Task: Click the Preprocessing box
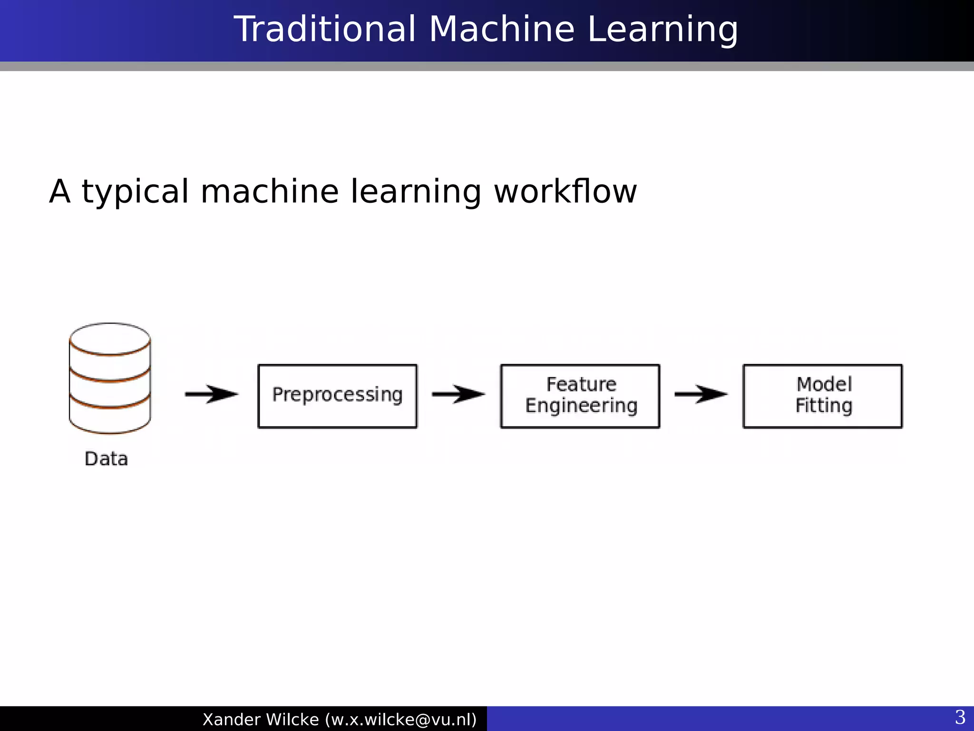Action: [x=337, y=396]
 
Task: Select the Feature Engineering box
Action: [x=580, y=396]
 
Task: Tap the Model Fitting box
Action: [x=822, y=396]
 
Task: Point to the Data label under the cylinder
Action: [x=106, y=459]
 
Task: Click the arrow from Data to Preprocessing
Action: [x=211, y=394]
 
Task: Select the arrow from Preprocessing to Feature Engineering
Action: [x=458, y=394]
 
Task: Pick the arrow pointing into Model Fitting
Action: [x=701, y=394]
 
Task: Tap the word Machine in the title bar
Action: [x=502, y=30]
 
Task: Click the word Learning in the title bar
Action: [x=662, y=30]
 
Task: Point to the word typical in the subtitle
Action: [x=136, y=192]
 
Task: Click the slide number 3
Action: [x=960, y=717]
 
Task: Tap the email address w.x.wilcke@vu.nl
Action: [x=401, y=720]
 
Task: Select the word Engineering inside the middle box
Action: [x=581, y=406]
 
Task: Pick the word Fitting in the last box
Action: [x=824, y=406]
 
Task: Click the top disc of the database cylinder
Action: [x=110, y=338]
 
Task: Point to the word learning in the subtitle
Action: [x=416, y=192]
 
